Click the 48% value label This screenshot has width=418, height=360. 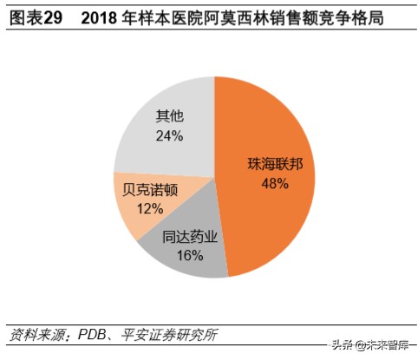pos(275,183)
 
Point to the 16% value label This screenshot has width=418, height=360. pos(189,255)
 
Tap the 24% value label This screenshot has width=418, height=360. pos(169,135)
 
